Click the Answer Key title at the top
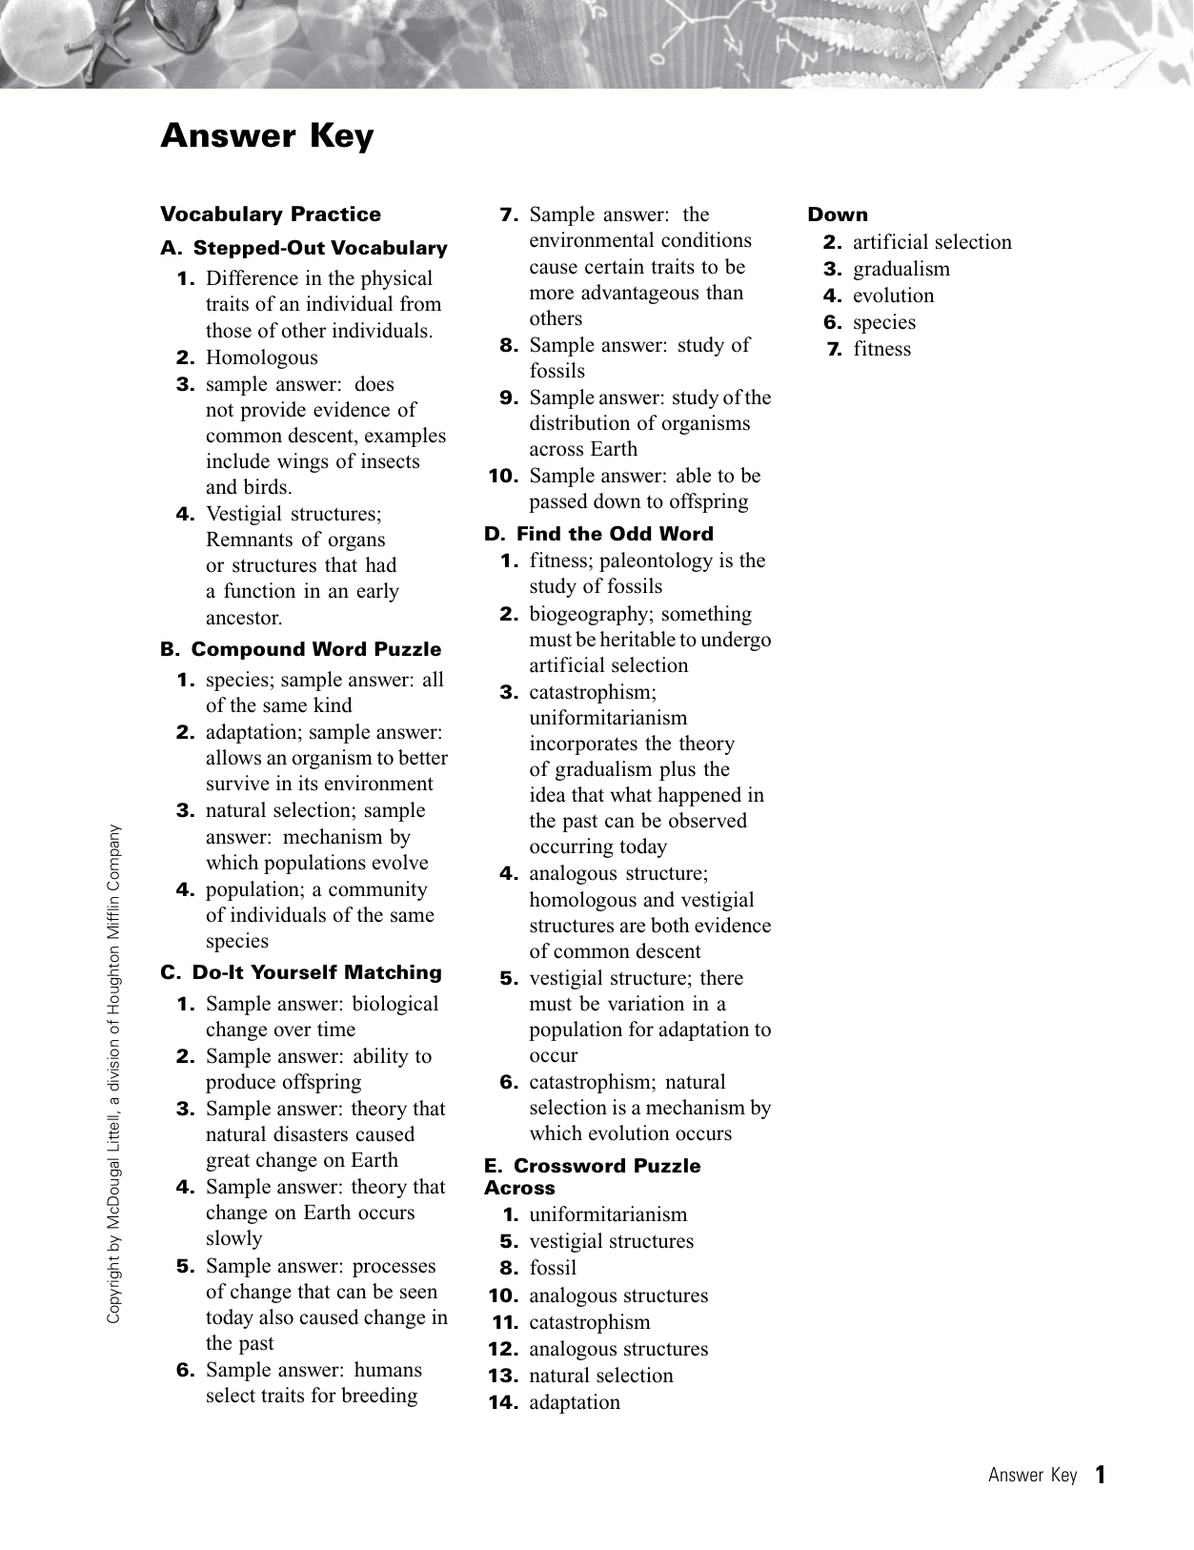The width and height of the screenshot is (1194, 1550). [x=267, y=136]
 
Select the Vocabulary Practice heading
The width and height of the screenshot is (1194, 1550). [x=271, y=214]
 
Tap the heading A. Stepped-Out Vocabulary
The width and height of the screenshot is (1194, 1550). [x=304, y=248]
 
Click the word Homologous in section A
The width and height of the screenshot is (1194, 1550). [x=262, y=357]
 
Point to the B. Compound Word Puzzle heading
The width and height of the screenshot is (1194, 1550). [x=301, y=649]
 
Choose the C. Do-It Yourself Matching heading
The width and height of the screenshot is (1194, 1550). [x=301, y=972]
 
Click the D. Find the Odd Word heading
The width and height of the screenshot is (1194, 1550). [x=598, y=534]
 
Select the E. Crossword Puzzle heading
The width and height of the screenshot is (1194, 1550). [x=592, y=1166]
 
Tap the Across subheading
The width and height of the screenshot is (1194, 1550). [x=519, y=1188]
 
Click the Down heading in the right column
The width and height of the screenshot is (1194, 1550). [x=838, y=214]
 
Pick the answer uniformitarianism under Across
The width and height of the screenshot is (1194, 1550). [x=608, y=1214]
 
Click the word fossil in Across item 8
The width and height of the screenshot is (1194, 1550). [x=553, y=1268]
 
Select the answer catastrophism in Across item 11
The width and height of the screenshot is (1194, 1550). [x=590, y=1322]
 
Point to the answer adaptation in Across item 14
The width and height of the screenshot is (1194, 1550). [x=575, y=1402]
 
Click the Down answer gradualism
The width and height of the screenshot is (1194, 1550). [x=901, y=269]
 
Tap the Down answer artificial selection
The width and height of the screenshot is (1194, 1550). [x=932, y=242]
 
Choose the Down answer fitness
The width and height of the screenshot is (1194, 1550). [x=881, y=349]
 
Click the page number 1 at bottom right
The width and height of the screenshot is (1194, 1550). [x=1101, y=1475]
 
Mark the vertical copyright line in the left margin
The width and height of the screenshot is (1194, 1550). [x=113, y=1072]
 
